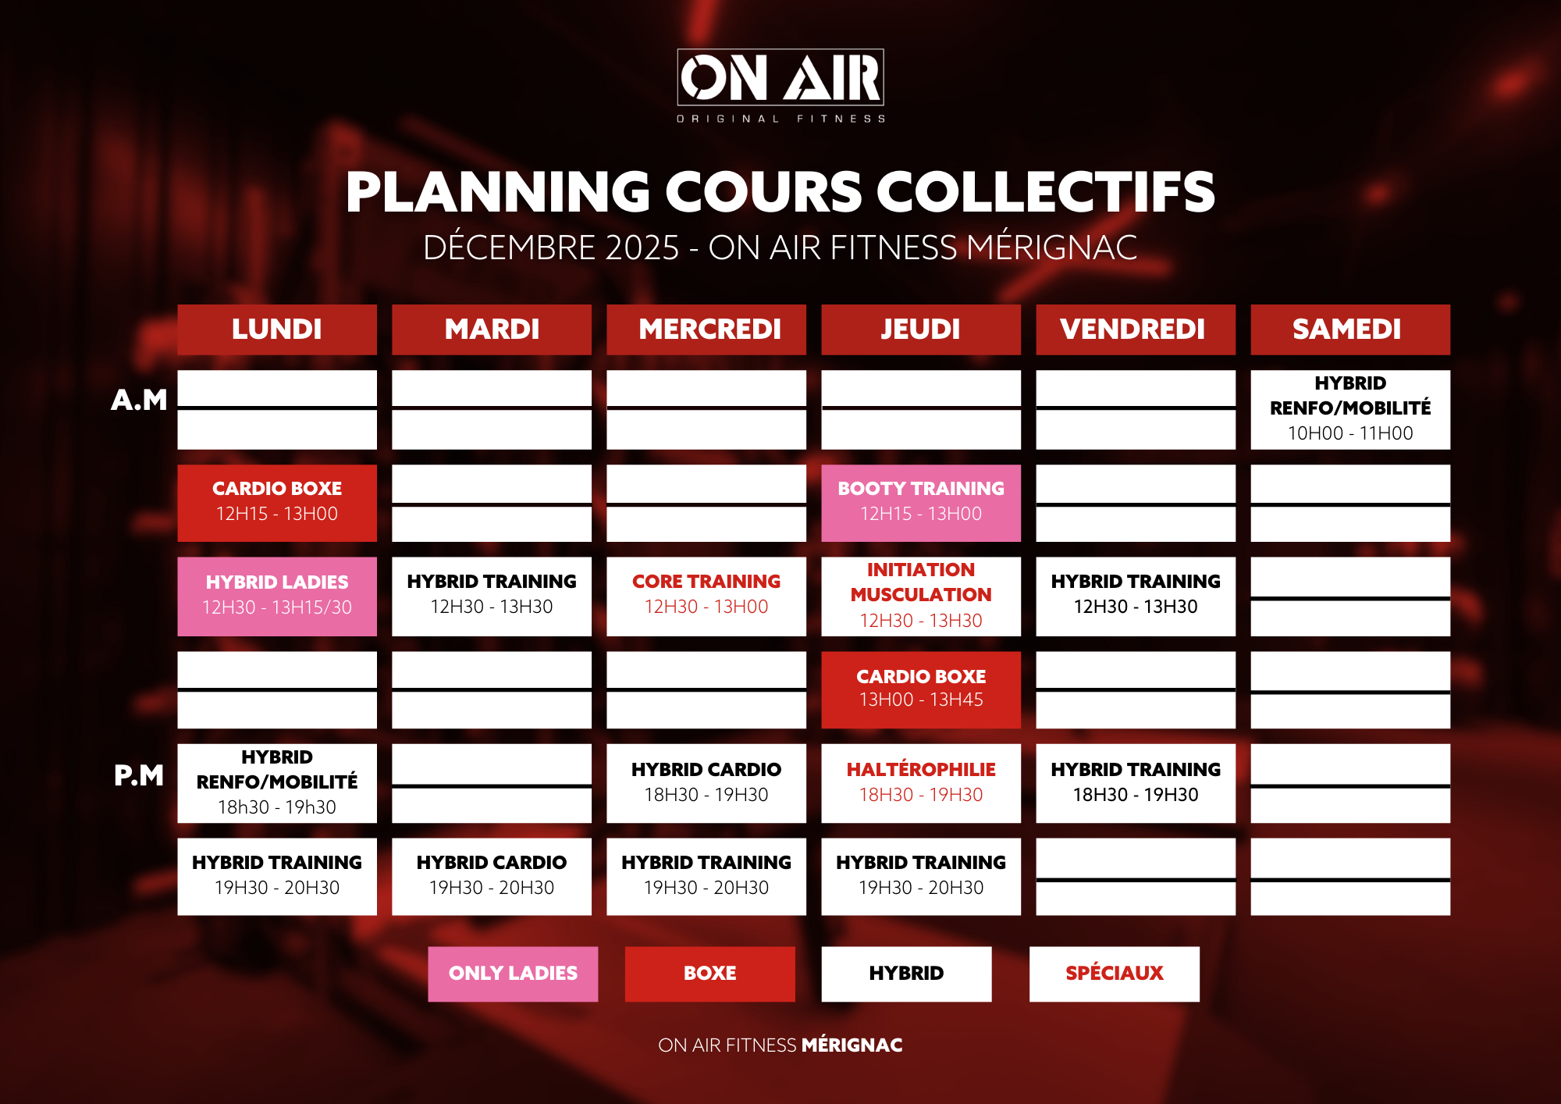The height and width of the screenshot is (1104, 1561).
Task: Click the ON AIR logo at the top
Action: tap(780, 85)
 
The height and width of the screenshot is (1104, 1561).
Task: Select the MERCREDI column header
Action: tap(706, 329)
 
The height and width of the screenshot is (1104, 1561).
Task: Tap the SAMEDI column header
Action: tap(1350, 329)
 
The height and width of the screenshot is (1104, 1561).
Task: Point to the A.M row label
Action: tap(139, 400)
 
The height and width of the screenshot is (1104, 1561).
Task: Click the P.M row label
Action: tap(139, 775)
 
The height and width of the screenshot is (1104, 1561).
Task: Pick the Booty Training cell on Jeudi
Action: tap(921, 503)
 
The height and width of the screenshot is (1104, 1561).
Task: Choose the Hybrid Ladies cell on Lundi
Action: tap(277, 597)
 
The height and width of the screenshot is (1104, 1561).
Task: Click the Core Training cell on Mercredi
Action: tap(706, 597)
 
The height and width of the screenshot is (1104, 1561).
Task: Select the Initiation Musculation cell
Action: tap(921, 597)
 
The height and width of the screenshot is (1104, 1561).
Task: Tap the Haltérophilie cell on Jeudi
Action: tap(921, 783)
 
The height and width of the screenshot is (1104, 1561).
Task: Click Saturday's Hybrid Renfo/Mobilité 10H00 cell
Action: tap(1350, 409)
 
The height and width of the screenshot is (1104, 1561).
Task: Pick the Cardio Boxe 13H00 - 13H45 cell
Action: tap(921, 690)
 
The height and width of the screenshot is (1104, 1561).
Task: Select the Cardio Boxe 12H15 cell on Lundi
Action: tap(277, 503)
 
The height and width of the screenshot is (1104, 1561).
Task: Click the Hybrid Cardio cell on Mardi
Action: tap(492, 876)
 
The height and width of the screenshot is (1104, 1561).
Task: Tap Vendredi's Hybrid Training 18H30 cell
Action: tap(1136, 783)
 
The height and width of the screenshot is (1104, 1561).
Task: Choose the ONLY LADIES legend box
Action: tap(513, 974)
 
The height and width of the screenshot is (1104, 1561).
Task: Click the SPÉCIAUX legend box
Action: tap(1115, 974)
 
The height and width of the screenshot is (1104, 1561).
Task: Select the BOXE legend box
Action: tap(710, 974)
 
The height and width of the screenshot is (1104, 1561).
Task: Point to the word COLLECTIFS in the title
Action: tap(1046, 192)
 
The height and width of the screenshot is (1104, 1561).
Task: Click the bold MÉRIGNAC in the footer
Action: tap(852, 1045)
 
